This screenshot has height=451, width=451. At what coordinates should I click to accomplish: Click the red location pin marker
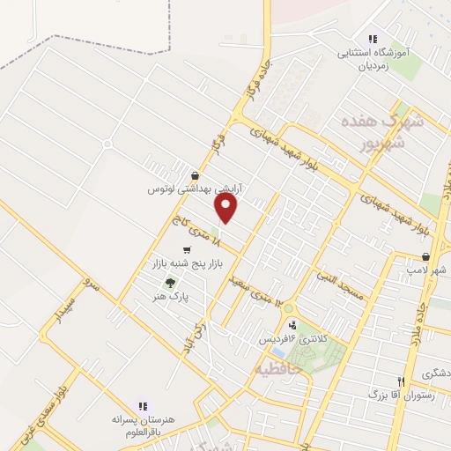click(227, 208)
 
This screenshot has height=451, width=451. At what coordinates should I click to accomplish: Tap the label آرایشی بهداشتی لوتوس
click(195, 189)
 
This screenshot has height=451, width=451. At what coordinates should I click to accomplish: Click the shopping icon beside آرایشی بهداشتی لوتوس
click(195, 175)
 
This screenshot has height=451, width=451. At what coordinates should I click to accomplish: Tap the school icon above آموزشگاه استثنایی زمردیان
click(373, 39)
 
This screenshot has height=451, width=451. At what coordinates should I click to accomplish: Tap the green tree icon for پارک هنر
click(169, 282)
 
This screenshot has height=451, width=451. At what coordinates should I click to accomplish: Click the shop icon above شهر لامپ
click(425, 257)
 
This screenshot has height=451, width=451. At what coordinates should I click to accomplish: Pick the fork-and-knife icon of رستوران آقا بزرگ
click(401, 381)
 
